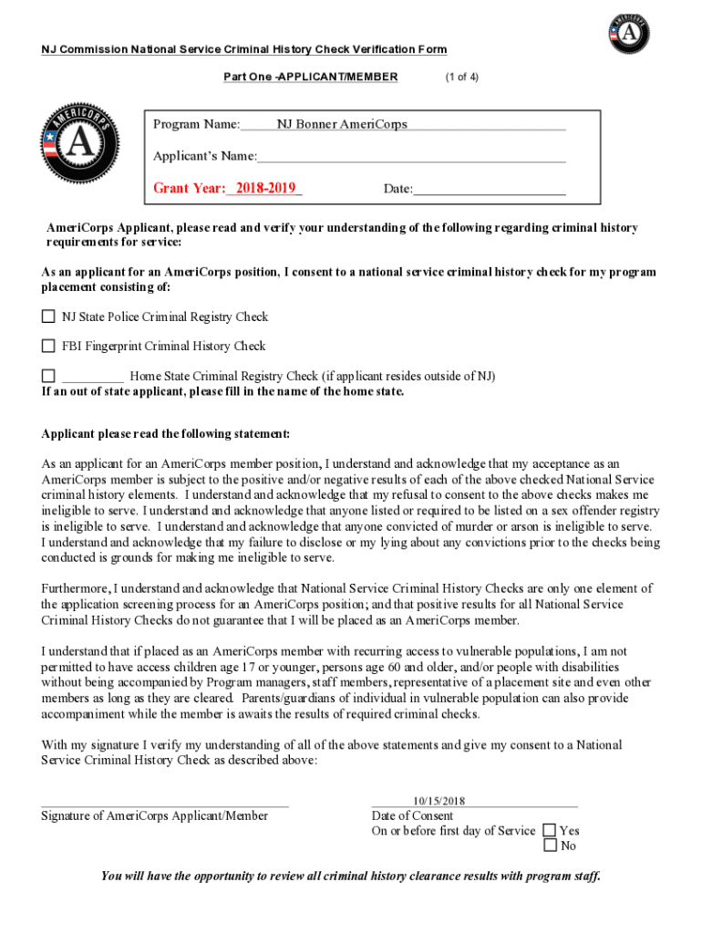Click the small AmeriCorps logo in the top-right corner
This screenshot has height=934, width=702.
tap(629, 35)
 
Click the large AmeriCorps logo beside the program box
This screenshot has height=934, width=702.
tap(79, 143)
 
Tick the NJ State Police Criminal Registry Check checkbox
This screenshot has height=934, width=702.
tap(48, 317)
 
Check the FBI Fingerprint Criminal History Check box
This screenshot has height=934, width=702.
tap(48, 347)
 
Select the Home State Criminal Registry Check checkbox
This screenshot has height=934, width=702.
tap(48, 376)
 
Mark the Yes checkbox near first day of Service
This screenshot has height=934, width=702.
tap(549, 830)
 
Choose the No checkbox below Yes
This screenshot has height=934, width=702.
tap(549, 846)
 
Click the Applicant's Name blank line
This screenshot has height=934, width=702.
tap(410, 157)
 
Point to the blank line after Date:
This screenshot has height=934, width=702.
tap(489, 189)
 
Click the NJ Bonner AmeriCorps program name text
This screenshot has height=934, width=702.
tap(342, 124)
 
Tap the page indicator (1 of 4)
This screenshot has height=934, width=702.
tap(461, 77)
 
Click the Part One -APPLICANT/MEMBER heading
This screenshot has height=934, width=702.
tap(310, 77)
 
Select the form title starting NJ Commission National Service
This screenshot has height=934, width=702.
tap(243, 49)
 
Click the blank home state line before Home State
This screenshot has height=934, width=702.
tap(92, 377)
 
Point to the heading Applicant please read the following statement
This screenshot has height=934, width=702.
tap(165, 433)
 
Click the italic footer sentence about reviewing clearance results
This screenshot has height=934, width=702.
tap(350, 877)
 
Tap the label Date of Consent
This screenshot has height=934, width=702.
tap(412, 815)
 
